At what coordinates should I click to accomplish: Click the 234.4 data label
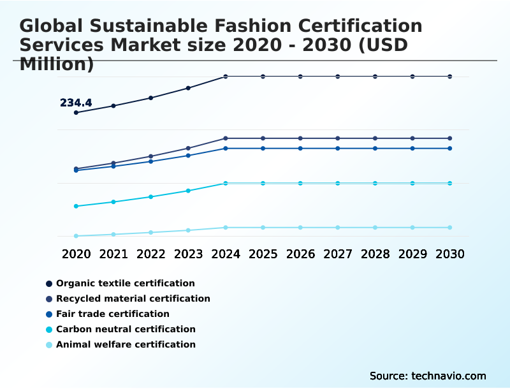click(76, 103)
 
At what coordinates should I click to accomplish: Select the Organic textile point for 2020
click(76, 113)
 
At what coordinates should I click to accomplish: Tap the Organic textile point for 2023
click(188, 88)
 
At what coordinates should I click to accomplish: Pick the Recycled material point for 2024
click(226, 138)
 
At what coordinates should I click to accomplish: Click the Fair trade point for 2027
click(338, 149)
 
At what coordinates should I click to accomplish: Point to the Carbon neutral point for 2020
click(76, 206)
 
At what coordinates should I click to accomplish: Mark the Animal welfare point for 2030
click(450, 228)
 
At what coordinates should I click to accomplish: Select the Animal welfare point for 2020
click(76, 236)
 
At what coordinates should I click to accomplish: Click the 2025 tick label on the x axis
click(263, 254)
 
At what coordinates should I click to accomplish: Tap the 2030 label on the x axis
click(450, 254)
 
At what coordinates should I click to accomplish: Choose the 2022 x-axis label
click(150, 254)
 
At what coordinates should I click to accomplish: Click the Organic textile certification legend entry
click(125, 283)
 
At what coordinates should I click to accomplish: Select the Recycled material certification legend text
click(133, 298)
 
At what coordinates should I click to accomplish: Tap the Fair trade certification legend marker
click(49, 314)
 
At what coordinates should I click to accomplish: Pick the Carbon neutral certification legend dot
click(49, 330)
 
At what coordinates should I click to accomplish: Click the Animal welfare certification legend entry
click(126, 344)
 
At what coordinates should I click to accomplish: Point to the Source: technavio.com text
click(428, 376)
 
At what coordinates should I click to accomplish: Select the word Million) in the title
click(57, 64)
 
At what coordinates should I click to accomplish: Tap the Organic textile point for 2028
click(375, 77)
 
